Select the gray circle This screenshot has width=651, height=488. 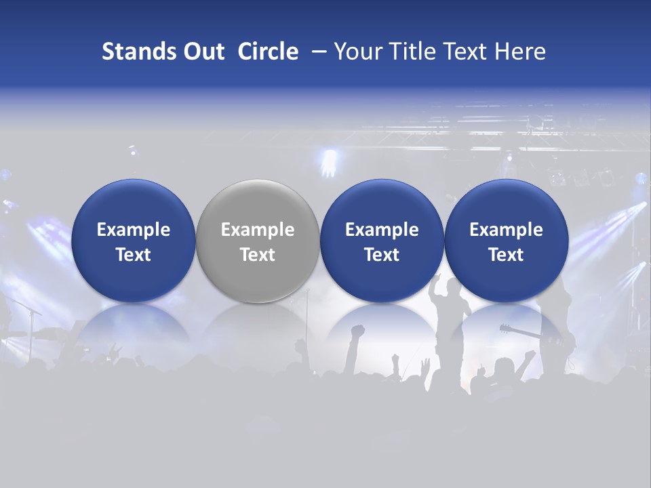pos(258,241)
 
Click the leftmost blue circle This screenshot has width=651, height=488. pos(133,241)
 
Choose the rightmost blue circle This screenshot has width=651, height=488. pos(506,241)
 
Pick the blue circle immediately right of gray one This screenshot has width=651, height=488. pos(382,241)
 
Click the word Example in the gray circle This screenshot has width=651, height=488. pos(258,230)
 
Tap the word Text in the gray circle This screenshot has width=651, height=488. pos(258,255)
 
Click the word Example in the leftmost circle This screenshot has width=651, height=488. pos(133,230)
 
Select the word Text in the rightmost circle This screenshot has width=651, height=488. pos(506,255)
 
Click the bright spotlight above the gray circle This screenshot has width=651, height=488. pos(330,161)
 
